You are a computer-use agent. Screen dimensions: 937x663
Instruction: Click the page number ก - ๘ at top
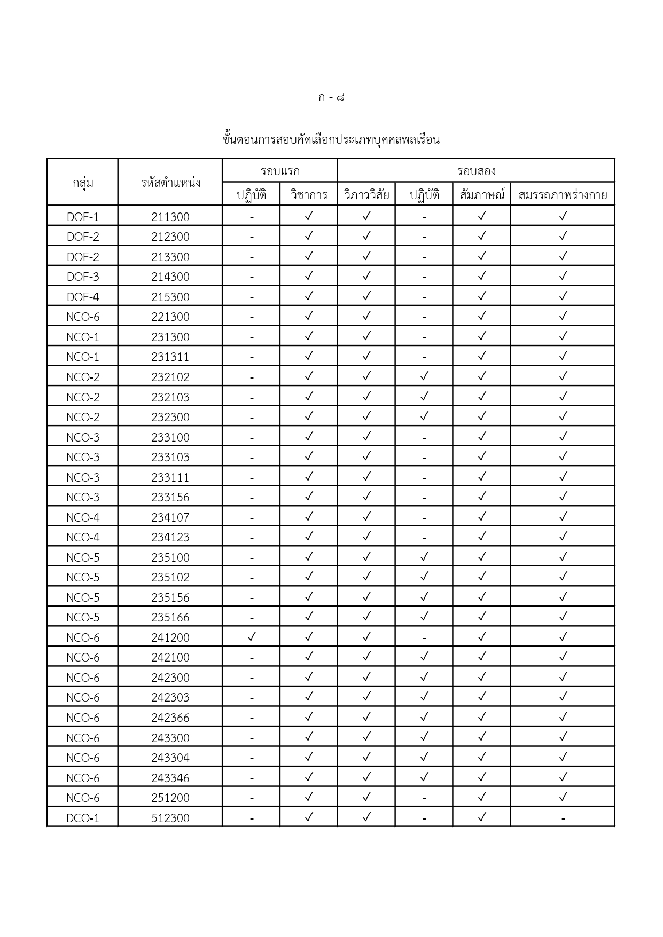click(x=331, y=98)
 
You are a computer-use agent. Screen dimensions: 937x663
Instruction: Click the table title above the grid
click(x=331, y=140)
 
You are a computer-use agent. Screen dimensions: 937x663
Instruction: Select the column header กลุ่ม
click(x=83, y=183)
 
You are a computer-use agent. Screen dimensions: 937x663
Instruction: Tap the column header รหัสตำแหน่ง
click(x=170, y=183)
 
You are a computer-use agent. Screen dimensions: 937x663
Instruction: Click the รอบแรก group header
click(x=280, y=171)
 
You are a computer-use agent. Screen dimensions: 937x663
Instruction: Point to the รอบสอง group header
click(x=476, y=171)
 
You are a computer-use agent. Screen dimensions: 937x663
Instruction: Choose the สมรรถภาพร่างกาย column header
click(x=563, y=195)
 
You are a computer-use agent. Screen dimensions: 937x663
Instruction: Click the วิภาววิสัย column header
click(x=366, y=195)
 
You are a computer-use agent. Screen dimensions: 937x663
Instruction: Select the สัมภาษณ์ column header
click(x=482, y=195)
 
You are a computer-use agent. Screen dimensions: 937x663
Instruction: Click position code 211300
click(x=170, y=217)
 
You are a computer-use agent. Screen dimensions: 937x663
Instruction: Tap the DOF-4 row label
click(x=83, y=297)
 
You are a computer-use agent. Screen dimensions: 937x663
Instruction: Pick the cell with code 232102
click(x=170, y=377)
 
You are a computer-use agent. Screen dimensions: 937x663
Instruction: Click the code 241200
click(x=170, y=637)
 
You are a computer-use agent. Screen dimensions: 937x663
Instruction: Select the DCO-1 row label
click(x=83, y=818)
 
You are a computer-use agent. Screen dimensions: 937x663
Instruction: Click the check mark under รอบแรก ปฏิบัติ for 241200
click(x=252, y=636)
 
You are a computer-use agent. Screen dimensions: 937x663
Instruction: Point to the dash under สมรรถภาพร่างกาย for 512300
click(x=563, y=818)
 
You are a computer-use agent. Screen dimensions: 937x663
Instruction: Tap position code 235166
click(x=170, y=617)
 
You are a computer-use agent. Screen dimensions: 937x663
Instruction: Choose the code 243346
click(x=170, y=778)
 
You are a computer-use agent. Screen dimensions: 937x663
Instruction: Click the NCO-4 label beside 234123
click(x=83, y=537)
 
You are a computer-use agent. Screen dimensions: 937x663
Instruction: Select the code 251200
click(x=170, y=798)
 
